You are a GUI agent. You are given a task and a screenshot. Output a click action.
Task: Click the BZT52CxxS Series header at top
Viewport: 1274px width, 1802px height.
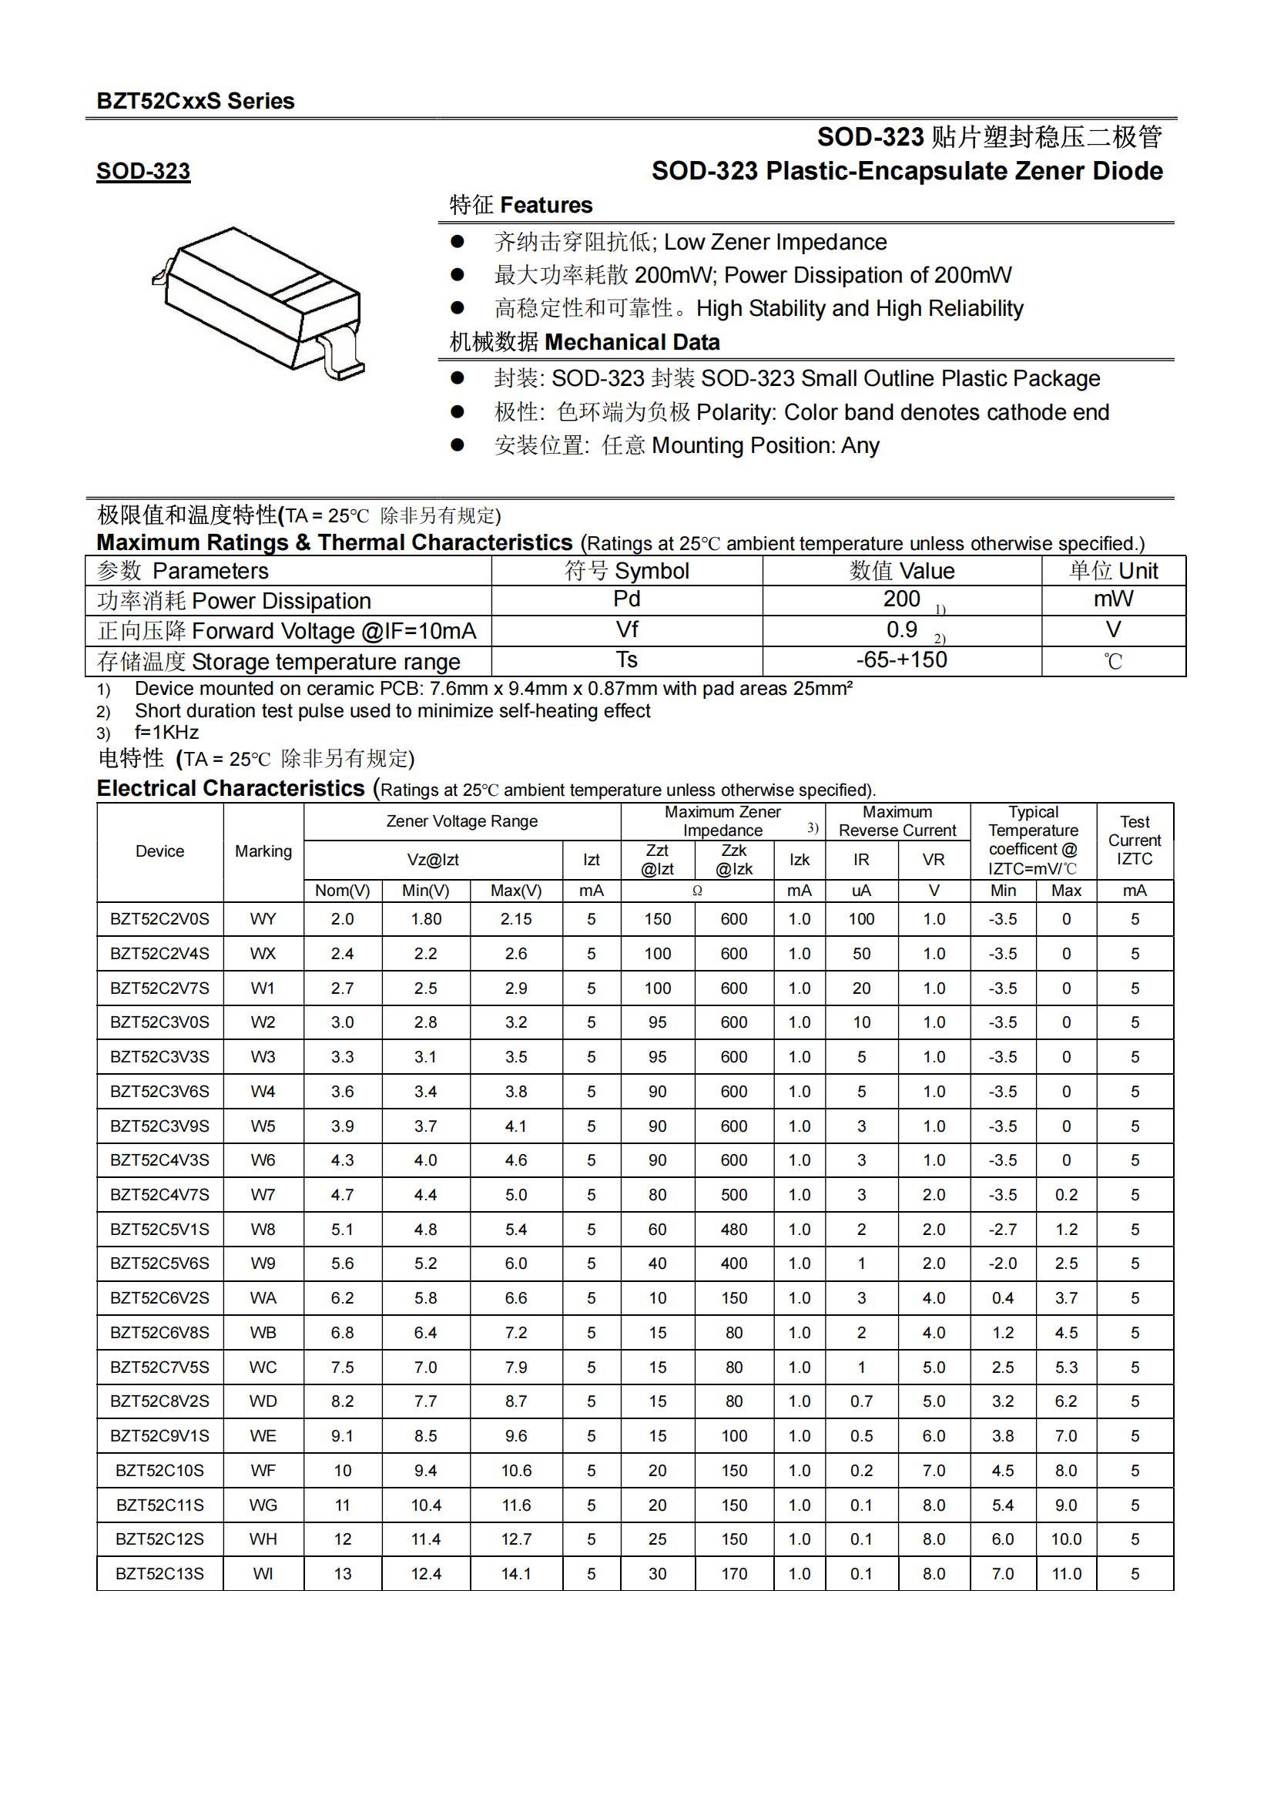pos(196,101)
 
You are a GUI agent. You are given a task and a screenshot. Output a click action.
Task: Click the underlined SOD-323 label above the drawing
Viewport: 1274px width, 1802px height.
pos(142,171)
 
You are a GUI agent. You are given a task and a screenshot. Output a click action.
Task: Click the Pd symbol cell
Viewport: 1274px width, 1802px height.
pos(627,599)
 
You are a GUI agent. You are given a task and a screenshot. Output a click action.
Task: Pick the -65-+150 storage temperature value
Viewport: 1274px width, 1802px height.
pos(901,660)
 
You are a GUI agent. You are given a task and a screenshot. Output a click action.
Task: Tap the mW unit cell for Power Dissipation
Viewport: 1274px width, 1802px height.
pos(1112,599)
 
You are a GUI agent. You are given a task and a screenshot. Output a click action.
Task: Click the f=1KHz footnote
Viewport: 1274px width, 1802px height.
pos(166,732)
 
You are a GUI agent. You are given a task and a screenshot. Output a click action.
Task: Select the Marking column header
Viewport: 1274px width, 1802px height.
pos(263,851)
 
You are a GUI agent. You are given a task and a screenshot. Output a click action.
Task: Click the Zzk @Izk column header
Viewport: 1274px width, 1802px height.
pos(733,860)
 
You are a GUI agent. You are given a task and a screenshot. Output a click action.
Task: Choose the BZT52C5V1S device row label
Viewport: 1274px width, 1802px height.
pos(160,1229)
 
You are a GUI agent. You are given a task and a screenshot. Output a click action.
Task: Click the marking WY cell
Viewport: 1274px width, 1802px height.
pos(263,919)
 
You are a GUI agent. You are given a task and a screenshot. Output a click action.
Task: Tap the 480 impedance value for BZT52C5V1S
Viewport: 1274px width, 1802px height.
pos(733,1229)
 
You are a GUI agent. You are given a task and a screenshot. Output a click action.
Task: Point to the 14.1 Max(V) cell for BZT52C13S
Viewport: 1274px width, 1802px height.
pos(515,1574)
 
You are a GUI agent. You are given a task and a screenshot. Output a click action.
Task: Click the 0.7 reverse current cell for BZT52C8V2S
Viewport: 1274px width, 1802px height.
pos(860,1401)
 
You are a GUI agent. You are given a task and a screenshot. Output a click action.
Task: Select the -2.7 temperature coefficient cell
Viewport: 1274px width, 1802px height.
pos(1003,1229)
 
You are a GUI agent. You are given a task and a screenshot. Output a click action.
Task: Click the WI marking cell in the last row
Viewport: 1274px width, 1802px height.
pos(263,1574)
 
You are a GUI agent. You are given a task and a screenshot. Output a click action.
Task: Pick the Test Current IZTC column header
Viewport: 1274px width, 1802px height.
pos(1134,840)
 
